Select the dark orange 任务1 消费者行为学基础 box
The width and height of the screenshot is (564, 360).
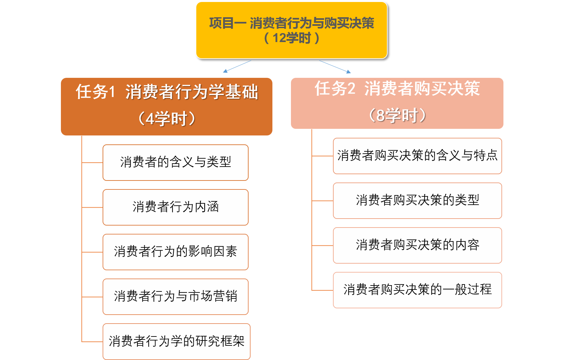pos(166,106)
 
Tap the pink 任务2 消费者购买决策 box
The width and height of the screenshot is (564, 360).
pos(397,103)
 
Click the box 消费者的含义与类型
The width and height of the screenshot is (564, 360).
pos(175,162)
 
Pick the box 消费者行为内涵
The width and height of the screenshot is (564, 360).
pos(175,207)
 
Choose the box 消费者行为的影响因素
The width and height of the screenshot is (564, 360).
pos(175,252)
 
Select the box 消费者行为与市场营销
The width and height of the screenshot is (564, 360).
pos(175,296)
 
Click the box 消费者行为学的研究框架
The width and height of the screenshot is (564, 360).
pos(176,341)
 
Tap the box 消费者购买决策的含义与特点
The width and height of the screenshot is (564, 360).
pos(417,156)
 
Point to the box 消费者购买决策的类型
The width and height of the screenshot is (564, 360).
pos(417,200)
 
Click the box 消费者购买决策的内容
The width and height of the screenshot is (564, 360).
pos(417,245)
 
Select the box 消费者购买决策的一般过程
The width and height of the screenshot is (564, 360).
pos(417,290)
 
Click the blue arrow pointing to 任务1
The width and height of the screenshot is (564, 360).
pos(237,66)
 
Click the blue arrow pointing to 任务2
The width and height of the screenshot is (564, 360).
pos(335,66)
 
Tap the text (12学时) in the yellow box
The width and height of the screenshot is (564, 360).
pos(291,38)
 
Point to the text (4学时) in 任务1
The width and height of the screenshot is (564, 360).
pos(166,119)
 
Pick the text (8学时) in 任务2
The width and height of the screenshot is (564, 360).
pos(397,116)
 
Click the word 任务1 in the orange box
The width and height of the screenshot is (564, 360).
pos(95,92)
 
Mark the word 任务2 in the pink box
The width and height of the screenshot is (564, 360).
pos(335,88)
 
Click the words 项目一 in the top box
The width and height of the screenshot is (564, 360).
pos(227,23)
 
